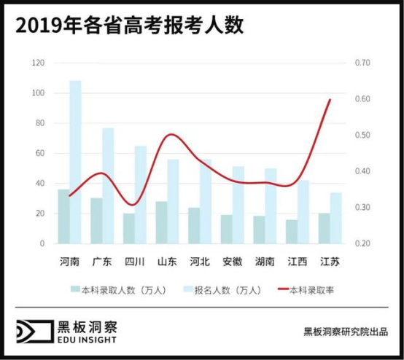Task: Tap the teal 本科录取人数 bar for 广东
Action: coord(96,220)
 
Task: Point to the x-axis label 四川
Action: coord(134,262)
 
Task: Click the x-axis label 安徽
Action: coord(233,262)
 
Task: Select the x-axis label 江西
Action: coord(297,262)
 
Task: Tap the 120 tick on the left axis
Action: coord(39,63)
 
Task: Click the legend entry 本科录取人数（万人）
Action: coord(118,290)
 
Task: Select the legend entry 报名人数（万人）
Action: coord(218,290)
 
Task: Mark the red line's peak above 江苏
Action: coord(330,100)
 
